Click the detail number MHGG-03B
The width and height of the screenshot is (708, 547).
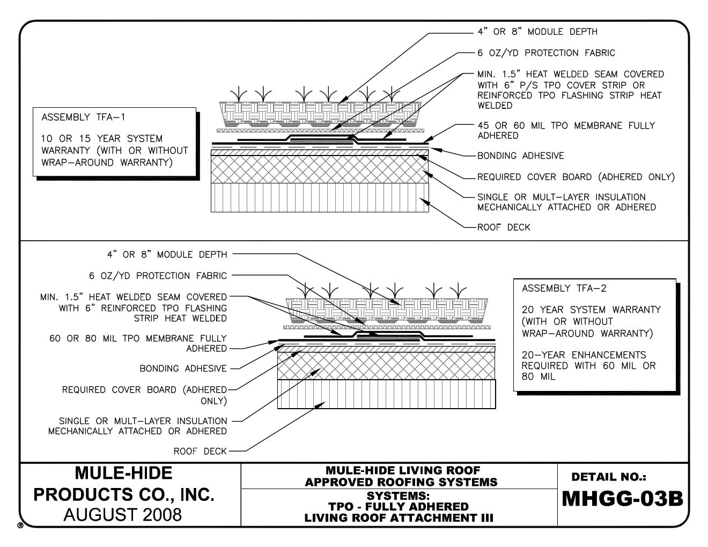click(622, 499)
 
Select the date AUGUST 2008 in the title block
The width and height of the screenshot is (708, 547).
click(123, 515)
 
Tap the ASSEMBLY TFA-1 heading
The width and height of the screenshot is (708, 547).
click(83, 117)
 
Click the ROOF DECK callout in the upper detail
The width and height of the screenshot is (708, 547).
click(504, 227)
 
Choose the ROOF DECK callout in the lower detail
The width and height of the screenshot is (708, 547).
click(200, 452)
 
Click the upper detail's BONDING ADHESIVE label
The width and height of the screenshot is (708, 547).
click(520, 156)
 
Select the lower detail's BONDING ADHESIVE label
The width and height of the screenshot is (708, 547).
click(183, 369)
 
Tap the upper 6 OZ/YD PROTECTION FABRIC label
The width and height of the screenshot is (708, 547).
click(546, 53)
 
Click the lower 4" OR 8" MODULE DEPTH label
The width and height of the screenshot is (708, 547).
click(167, 254)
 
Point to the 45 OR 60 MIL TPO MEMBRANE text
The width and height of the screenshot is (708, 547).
click(566, 125)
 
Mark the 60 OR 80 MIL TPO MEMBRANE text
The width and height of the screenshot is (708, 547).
click(138, 339)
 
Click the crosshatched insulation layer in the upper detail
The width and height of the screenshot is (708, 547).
click(320, 170)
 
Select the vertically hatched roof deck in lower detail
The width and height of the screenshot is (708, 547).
click(386, 394)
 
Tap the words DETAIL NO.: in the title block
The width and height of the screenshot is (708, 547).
click(609, 476)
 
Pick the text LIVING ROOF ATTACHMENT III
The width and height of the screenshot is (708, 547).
click(399, 518)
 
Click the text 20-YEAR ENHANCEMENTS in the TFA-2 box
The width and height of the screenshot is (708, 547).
click(584, 355)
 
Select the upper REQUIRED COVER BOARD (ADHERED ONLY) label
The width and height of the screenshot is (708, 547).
click(576, 177)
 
